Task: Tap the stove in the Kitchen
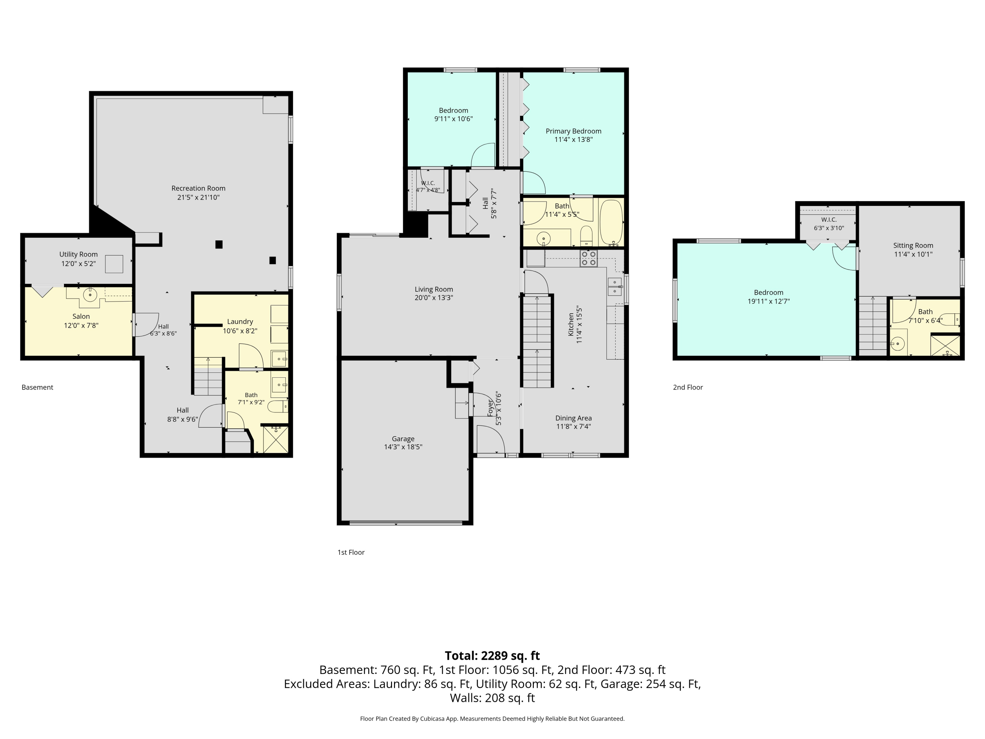(588, 258)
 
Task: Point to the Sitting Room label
(913, 245)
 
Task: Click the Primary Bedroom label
(574, 131)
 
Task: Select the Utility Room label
(78, 254)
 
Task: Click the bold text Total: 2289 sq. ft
(492, 656)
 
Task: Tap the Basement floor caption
(37, 388)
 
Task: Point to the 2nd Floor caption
(688, 388)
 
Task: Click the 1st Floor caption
(351, 552)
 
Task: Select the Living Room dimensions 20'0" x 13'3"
(434, 298)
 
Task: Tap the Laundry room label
(240, 322)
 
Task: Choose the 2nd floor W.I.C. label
(829, 220)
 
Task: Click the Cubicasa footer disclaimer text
(492, 719)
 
